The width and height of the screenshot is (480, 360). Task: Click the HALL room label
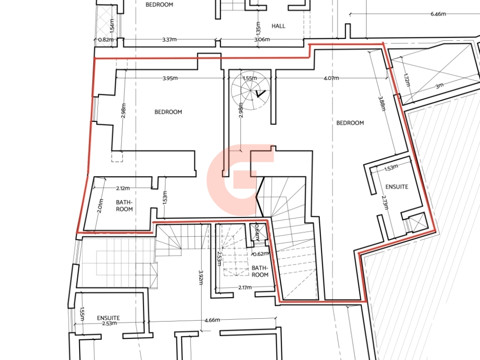click(x=278, y=26)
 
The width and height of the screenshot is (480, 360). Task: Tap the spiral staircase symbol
click(x=251, y=91)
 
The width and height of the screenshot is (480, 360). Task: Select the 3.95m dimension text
click(x=170, y=78)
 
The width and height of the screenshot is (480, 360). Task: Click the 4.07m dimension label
click(x=331, y=78)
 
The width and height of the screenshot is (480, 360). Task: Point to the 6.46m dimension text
click(x=438, y=14)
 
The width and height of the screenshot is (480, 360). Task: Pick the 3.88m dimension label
click(x=382, y=104)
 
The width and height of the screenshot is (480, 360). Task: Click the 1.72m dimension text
click(x=407, y=80)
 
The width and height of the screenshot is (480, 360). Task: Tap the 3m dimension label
click(x=439, y=86)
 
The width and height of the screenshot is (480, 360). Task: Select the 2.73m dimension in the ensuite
click(x=385, y=203)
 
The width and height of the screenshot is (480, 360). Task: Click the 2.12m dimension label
click(x=123, y=188)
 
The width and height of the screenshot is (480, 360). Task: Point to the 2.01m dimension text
click(x=100, y=206)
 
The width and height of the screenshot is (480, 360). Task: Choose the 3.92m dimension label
click(x=201, y=277)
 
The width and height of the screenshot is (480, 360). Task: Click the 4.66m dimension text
click(x=212, y=320)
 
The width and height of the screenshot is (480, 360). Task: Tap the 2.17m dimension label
click(x=245, y=288)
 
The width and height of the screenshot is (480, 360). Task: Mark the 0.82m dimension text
click(x=106, y=39)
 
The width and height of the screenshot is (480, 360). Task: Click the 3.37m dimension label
click(x=169, y=39)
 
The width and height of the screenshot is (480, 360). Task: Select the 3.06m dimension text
click(x=262, y=39)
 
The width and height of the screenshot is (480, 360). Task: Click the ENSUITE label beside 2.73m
click(x=397, y=187)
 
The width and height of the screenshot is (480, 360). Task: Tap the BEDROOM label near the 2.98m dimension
click(x=168, y=112)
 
